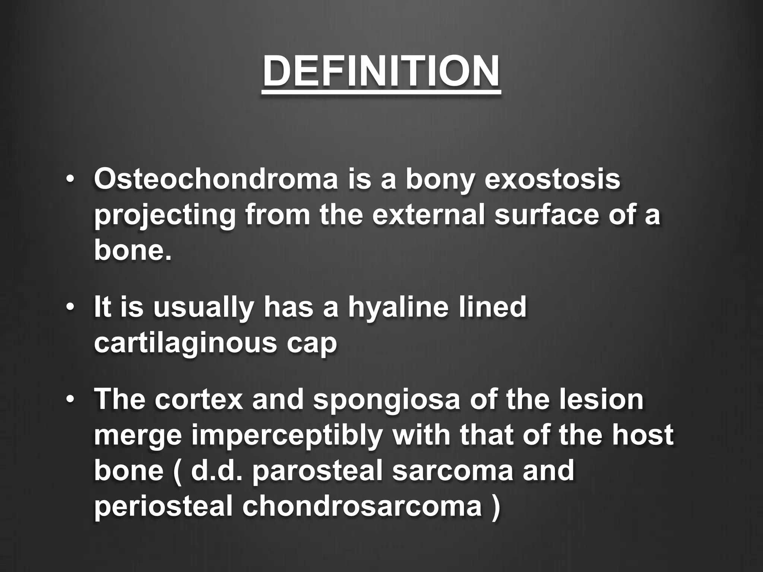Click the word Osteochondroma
click(216, 179)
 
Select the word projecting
click(164, 216)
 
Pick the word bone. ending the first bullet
click(133, 251)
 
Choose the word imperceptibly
click(287, 436)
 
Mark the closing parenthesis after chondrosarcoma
click(495, 507)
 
